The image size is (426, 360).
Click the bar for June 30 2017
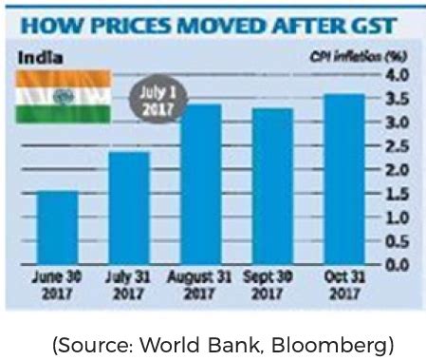click(59, 228)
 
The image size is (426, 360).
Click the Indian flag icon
click(63, 97)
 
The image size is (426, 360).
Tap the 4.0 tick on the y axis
click(398, 75)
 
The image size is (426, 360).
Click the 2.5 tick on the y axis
click(398, 146)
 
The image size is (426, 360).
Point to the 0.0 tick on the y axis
click(398, 265)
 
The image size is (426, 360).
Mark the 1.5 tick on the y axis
click(398, 194)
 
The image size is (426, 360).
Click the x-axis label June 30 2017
click(59, 285)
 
